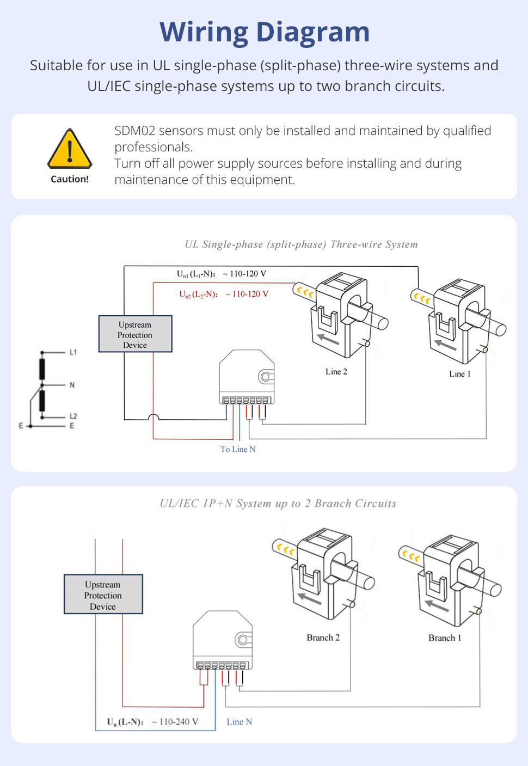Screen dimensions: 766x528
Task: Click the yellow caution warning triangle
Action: [x=70, y=149]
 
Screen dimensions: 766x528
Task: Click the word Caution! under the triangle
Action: [x=70, y=179]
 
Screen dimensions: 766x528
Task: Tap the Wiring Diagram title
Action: [x=265, y=32]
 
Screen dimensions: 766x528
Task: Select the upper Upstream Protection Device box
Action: [x=135, y=334]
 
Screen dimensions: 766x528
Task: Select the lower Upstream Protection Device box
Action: [x=103, y=595]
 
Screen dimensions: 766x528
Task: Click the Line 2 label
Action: [x=336, y=372]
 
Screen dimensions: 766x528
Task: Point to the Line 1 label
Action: [x=459, y=374]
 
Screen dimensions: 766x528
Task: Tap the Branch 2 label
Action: [x=323, y=638]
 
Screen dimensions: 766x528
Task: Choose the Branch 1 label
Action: [x=445, y=638]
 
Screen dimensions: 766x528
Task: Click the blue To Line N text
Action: [x=238, y=449]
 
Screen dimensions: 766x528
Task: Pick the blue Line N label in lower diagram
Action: [x=240, y=722]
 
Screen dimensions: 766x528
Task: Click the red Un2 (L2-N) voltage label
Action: [x=224, y=294]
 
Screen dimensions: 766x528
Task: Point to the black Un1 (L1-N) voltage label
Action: [x=222, y=274]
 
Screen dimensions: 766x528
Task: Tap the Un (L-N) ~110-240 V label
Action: [x=152, y=722]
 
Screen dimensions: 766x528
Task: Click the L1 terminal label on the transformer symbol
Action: [x=73, y=352]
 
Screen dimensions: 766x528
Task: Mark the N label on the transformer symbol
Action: [x=72, y=385]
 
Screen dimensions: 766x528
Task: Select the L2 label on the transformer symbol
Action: [x=73, y=416]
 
